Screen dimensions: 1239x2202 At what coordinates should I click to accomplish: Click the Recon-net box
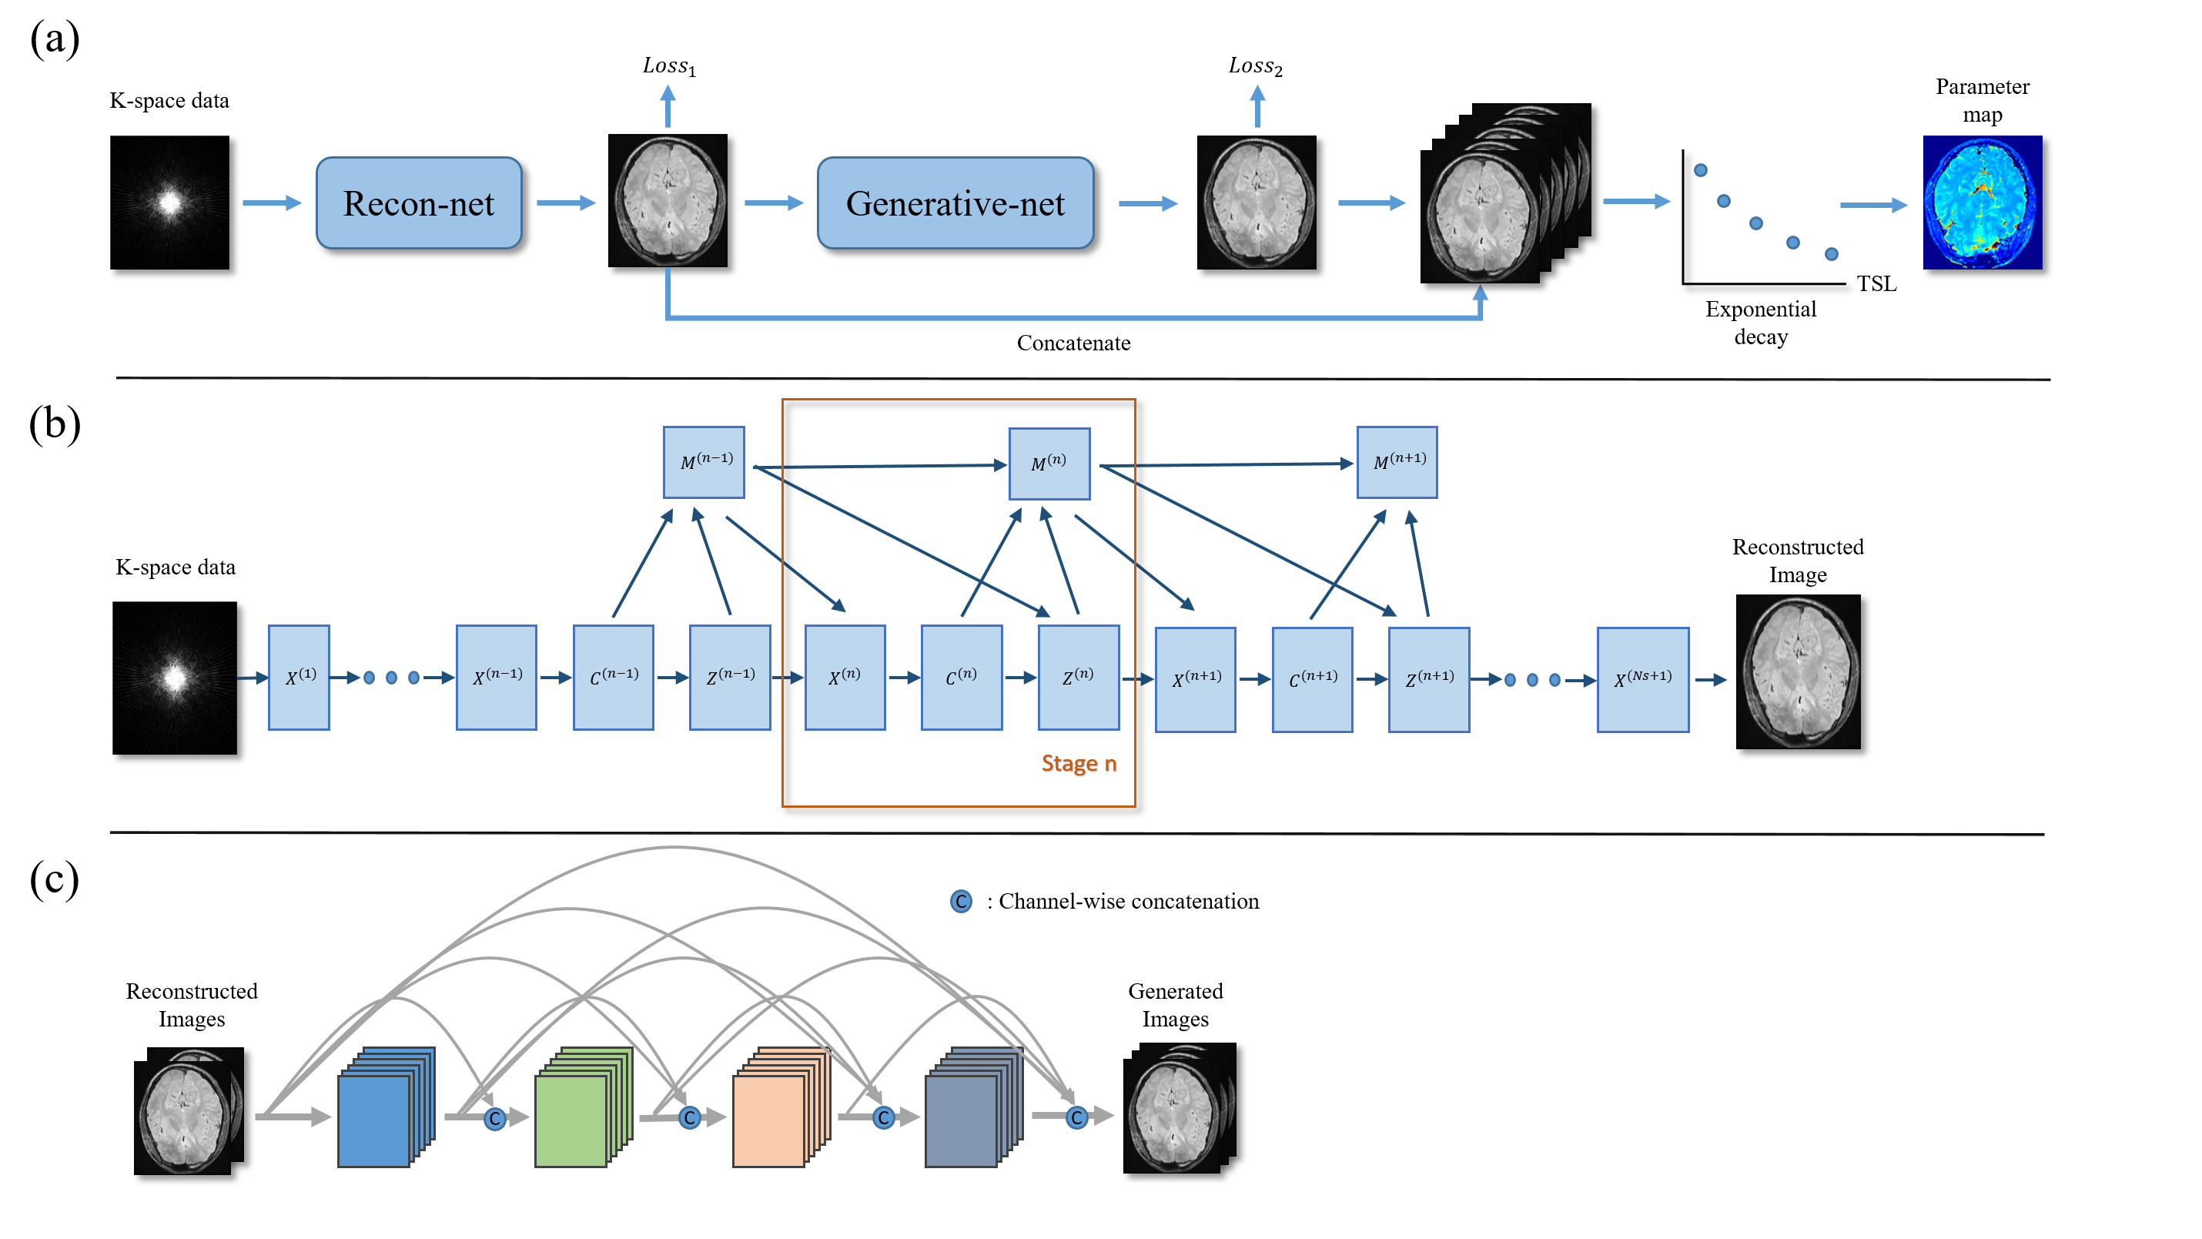pyautogui.click(x=418, y=203)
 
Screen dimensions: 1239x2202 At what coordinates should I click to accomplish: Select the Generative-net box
pyautogui.click(x=955, y=203)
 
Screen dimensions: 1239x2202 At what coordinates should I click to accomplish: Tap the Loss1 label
pyautogui.click(x=668, y=66)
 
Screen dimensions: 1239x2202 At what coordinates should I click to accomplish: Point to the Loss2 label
pyautogui.click(x=1255, y=66)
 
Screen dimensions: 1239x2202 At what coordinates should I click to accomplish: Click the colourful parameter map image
pyautogui.click(x=1982, y=203)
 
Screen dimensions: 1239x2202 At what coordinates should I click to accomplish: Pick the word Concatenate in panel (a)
pyautogui.click(x=1073, y=343)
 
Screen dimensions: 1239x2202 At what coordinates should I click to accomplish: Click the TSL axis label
pyautogui.click(x=1876, y=284)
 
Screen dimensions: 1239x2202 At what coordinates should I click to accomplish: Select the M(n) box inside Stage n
pyautogui.click(x=1049, y=464)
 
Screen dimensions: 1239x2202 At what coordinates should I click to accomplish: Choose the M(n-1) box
pyautogui.click(x=704, y=462)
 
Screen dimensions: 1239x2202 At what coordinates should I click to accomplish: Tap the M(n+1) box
pyautogui.click(x=1397, y=462)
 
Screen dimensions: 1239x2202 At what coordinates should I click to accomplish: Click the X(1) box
pyautogui.click(x=298, y=677)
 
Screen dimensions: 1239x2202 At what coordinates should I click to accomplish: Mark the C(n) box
pyautogui.click(x=961, y=677)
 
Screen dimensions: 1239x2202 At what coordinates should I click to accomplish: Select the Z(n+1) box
pyautogui.click(x=1428, y=679)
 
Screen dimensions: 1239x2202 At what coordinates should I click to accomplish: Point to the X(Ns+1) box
pyautogui.click(x=1642, y=679)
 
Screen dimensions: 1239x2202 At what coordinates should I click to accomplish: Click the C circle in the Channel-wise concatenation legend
pyautogui.click(x=961, y=901)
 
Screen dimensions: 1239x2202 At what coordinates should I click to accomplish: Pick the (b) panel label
pyautogui.click(x=55, y=424)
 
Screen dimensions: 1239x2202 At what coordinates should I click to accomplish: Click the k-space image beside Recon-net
pyautogui.click(x=169, y=203)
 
